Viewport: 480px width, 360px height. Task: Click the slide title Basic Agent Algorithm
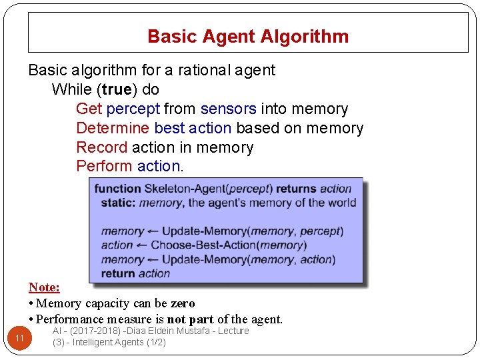pos(248,36)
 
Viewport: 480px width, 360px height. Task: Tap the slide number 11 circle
pos(19,339)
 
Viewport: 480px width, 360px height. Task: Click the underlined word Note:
pos(44,287)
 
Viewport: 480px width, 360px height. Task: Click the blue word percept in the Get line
pos(133,109)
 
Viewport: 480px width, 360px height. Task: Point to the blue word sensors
pos(228,109)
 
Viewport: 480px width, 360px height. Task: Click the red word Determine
pos(113,128)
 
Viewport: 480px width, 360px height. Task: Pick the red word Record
pos(101,147)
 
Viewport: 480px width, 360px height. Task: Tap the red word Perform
pos(104,166)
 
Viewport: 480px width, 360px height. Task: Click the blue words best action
pos(193,128)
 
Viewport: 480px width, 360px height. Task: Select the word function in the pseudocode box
pos(118,189)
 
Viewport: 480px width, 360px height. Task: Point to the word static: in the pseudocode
pos(118,203)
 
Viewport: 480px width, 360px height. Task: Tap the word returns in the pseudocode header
pos(296,189)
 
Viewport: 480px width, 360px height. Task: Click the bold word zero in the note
pos(183,303)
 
